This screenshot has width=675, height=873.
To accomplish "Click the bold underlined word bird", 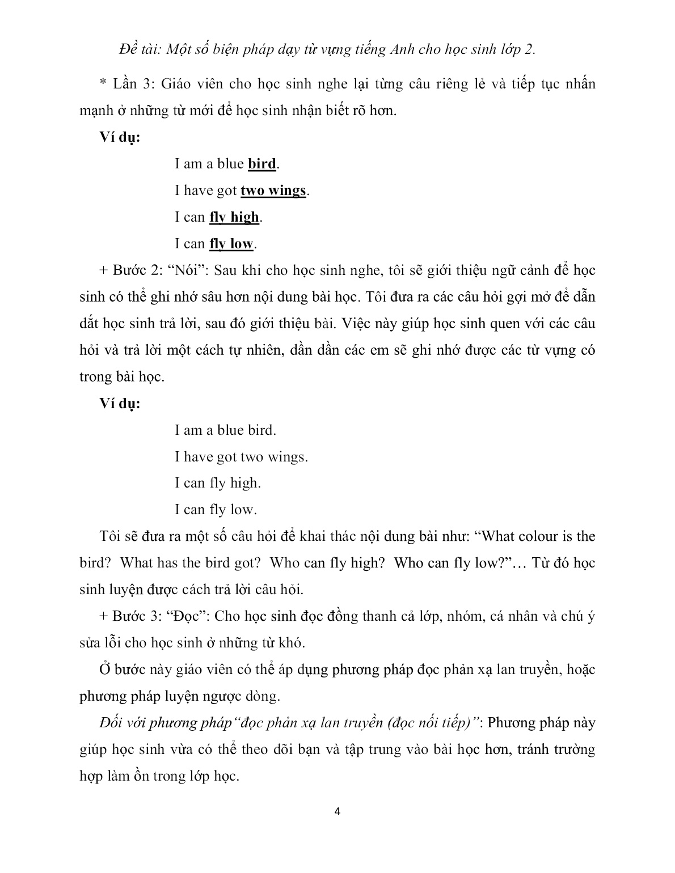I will [262, 164].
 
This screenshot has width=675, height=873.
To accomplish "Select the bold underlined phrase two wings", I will [273, 191].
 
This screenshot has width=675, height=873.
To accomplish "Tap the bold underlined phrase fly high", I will [234, 218].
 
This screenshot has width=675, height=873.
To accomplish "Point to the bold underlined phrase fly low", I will [231, 244].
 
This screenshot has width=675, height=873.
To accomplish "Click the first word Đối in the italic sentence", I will [110, 723].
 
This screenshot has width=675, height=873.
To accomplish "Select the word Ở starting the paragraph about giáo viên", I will [104, 669].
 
